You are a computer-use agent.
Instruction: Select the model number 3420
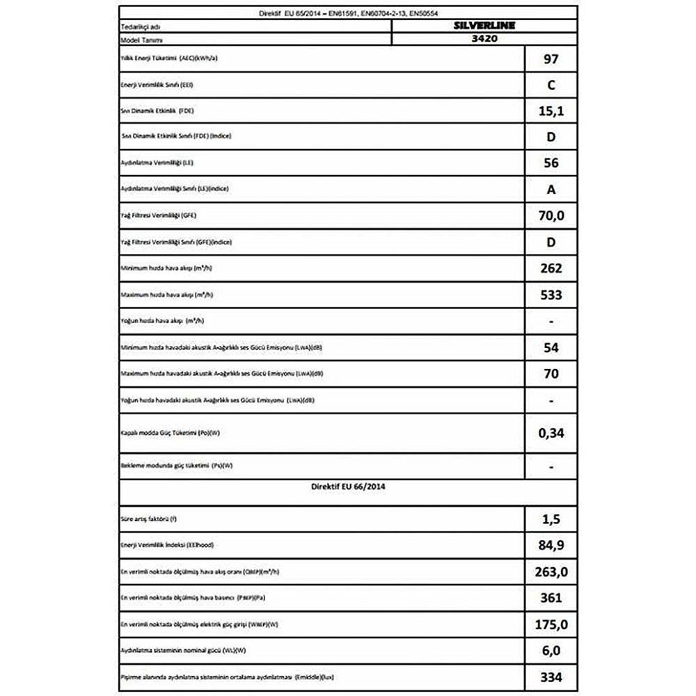(x=485, y=40)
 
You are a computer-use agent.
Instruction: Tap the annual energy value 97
(x=550, y=59)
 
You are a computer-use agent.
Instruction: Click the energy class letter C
(x=551, y=86)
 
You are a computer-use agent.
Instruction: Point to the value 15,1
(x=551, y=111)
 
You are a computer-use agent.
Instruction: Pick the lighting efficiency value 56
(x=551, y=163)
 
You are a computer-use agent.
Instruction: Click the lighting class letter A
(x=551, y=189)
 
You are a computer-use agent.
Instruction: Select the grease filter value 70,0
(x=551, y=216)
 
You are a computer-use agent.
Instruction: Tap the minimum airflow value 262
(x=551, y=268)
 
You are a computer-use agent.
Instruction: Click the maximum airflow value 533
(x=551, y=294)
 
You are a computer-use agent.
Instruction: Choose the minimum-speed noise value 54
(x=551, y=347)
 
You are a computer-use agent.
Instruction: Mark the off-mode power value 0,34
(x=551, y=434)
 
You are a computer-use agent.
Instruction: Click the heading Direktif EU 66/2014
(x=348, y=487)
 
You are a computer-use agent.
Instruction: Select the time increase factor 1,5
(x=551, y=519)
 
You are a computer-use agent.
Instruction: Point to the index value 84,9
(x=551, y=546)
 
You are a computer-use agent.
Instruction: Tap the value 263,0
(x=551, y=571)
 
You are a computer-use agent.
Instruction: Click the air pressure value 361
(x=551, y=597)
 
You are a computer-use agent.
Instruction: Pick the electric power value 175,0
(x=551, y=624)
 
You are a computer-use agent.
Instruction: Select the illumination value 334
(x=551, y=677)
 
